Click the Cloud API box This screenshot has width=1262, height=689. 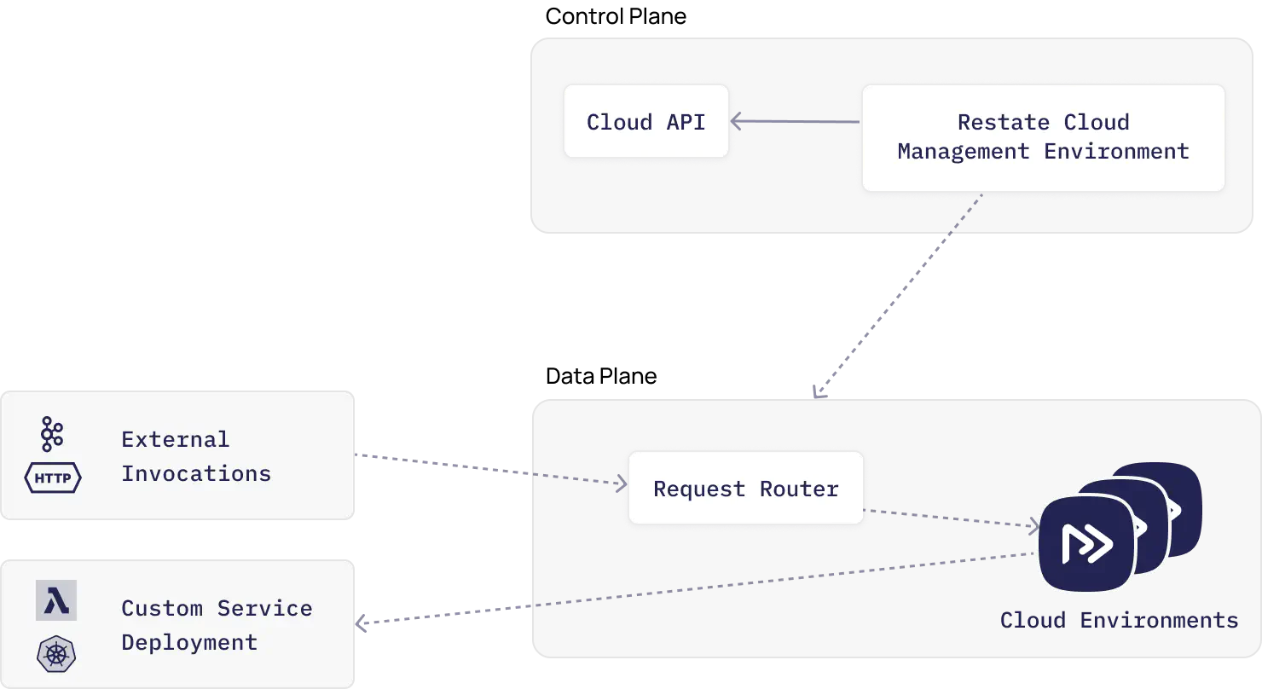[x=645, y=121]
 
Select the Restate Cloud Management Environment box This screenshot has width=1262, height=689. [x=1042, y=137]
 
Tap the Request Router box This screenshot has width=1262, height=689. [x=745, y=489]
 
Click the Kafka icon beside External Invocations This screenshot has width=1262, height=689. [x=52, y=434]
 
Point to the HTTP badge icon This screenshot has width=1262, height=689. [x=53, y=478]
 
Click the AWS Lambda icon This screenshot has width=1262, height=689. [x=56, y=600]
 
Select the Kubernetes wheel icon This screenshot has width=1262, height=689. [x=56, y=654]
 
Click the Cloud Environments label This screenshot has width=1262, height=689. [x=1119, y=620]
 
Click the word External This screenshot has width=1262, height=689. [x=175, y=439]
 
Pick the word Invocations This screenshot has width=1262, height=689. [x=195, y=473]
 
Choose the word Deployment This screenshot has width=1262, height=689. [x=188, y=642]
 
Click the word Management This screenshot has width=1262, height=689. [x=963, y=152]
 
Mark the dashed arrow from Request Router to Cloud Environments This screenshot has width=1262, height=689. [x=951, y=518]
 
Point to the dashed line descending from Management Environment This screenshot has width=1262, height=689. [x=900, y=294]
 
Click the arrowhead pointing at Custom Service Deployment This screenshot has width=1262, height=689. [x=362, y=625]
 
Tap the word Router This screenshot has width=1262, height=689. [x=799, y=489]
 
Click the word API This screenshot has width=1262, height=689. [x=686, y=122]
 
